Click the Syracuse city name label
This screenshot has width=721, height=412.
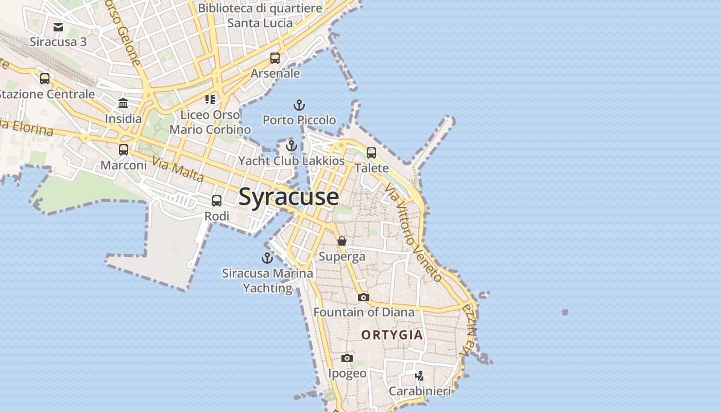coord(288,197)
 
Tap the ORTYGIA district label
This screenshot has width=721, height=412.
coord(392,335)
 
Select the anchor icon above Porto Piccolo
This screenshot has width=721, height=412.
coord(299,106)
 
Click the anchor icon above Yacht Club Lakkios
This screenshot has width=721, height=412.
coord(291,146)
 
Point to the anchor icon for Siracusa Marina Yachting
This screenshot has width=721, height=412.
coord(267,258)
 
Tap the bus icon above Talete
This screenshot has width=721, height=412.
coord(371,152)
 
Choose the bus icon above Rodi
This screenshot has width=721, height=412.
coord(217,201)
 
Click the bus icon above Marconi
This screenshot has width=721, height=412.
coord(124,150)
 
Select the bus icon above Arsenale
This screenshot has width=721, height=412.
coord(275,58)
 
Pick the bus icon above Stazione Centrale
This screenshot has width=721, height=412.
coord(45,79)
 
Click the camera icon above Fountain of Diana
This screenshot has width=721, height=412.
coord(364,297)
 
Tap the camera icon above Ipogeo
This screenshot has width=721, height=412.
coord(347,358)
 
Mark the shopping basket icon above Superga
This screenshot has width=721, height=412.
coord(342,241)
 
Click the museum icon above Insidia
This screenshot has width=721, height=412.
coord(123,104)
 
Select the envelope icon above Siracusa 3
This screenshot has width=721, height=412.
coord(58,27)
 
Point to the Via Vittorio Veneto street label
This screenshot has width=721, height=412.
coord(414,233)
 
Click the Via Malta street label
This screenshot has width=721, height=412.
coord(179,170)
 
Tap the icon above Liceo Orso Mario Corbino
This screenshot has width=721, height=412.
coord(210,99)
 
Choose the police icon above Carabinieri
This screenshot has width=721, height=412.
coord(420,375)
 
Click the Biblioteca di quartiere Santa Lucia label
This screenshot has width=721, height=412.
coord(260,15)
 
